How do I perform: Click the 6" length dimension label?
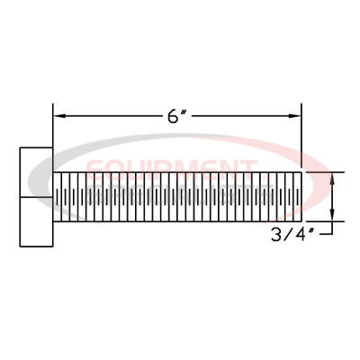(x=176, y=117)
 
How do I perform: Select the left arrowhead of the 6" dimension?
(x=59, y=116)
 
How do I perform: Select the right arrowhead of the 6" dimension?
(x=293, y=116)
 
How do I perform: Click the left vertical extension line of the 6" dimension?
(x=53, y=135)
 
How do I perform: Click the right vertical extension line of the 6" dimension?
(x=301, y=135)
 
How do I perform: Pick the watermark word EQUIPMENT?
(x=171, y=167)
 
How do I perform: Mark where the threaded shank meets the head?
(x=53, y=195)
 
